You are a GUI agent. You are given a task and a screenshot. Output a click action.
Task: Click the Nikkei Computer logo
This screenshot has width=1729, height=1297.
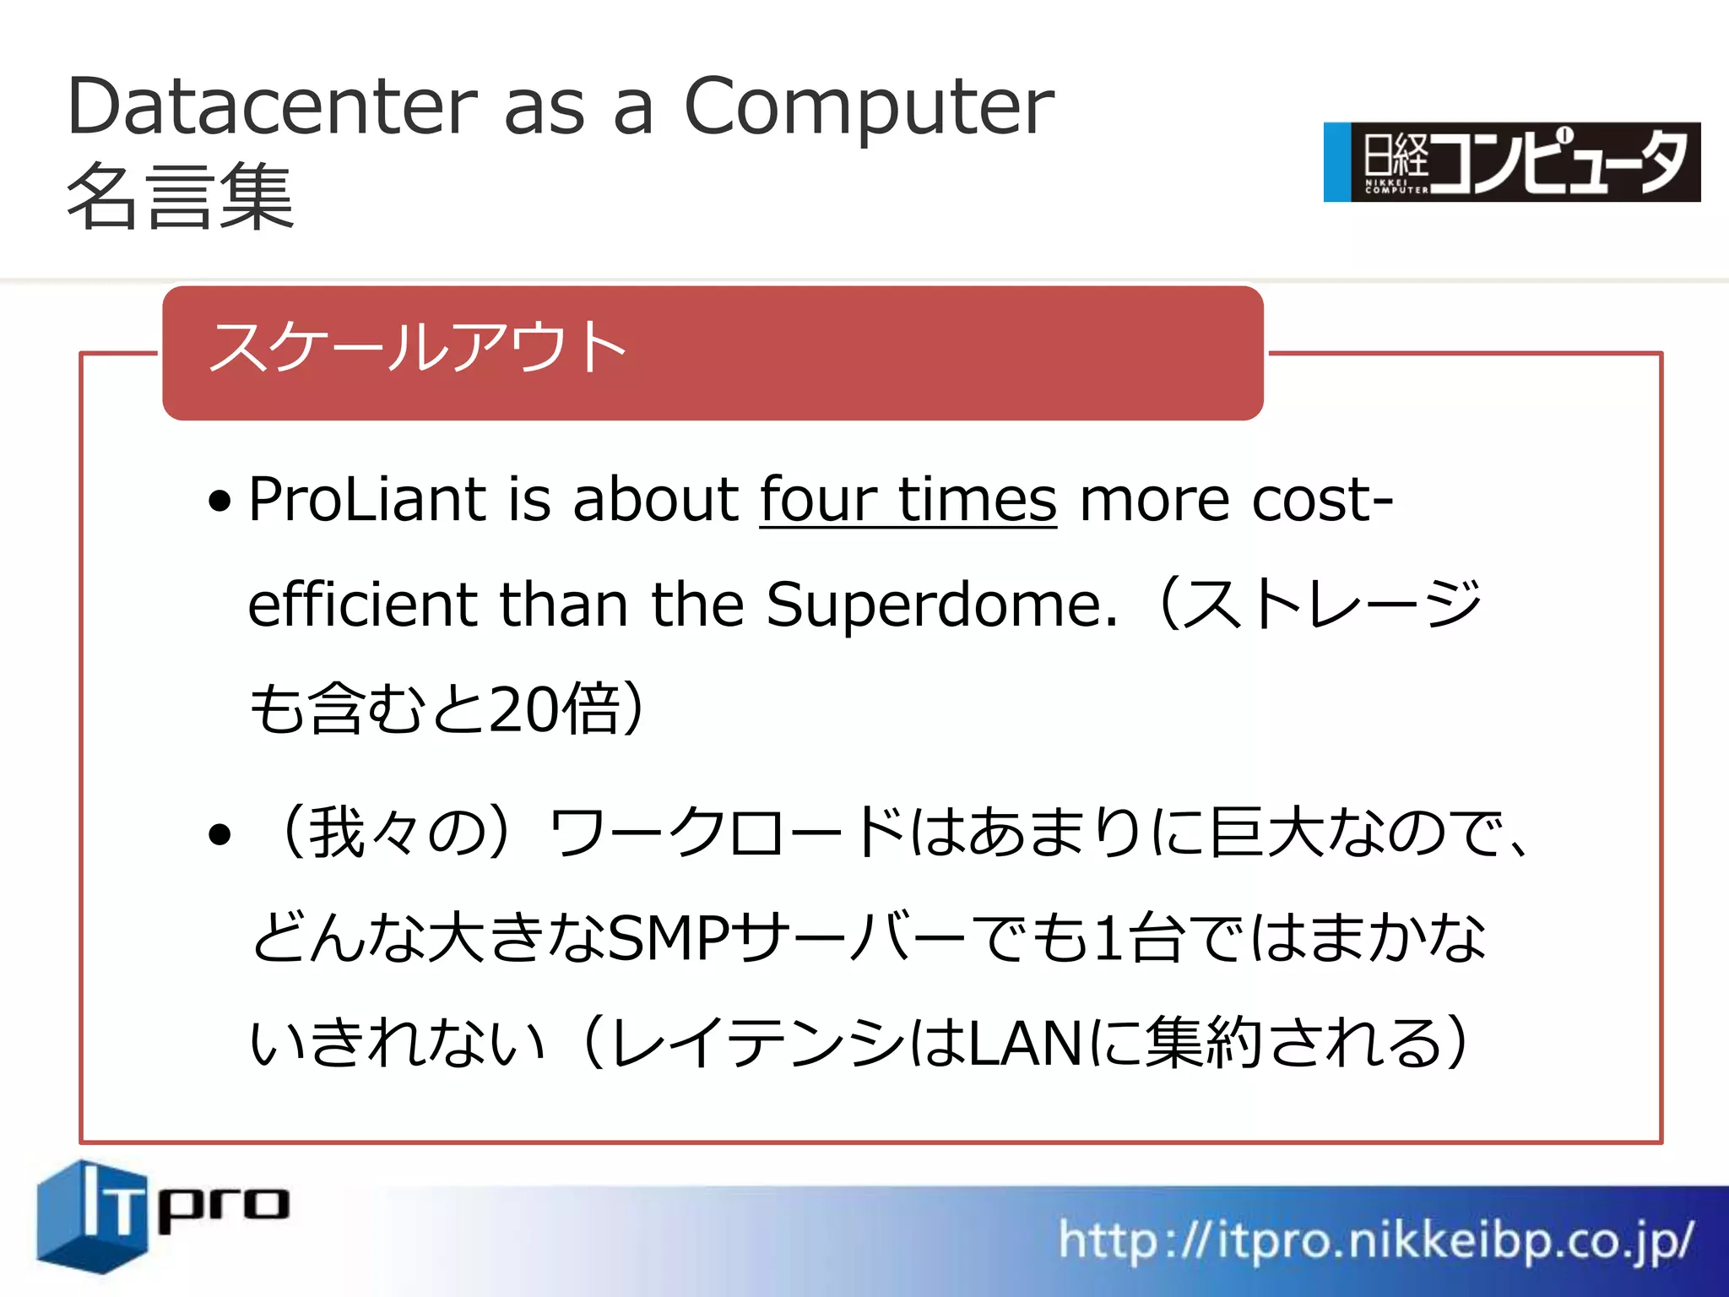[1511, 162]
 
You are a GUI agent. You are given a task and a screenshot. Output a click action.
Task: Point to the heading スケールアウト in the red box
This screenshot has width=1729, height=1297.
[417, 347]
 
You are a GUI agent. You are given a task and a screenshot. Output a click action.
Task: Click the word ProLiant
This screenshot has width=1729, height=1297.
[367, 500]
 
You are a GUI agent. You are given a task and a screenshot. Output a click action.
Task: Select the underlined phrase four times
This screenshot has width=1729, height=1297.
[908, 500]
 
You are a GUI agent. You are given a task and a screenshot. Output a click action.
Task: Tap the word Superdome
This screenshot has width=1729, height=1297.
[941, 605]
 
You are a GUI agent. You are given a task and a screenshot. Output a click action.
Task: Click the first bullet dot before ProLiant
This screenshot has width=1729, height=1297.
[220, 502]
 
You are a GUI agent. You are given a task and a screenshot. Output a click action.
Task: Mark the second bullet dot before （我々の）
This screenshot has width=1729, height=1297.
[220, 834]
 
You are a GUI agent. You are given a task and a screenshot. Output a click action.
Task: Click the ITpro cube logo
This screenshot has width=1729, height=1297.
[93, 1216]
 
